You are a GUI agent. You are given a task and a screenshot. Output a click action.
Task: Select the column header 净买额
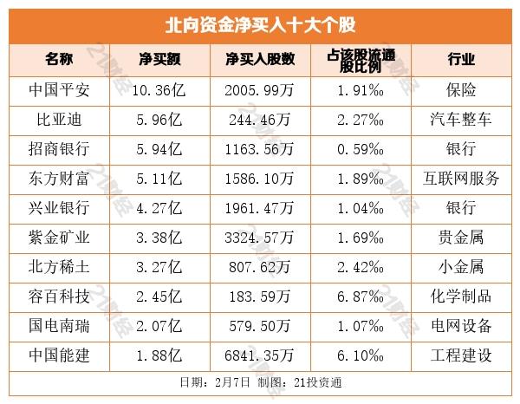coord(159,59)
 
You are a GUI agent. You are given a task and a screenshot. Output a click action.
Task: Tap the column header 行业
coord(460,59)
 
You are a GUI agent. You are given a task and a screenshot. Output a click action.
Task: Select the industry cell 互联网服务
coord(460,179)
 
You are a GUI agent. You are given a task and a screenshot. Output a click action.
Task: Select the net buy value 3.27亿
coord(159,267)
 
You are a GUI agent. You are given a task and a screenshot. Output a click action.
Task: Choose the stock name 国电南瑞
coord(59,326)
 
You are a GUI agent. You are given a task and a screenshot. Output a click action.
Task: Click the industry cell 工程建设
coord(460,355)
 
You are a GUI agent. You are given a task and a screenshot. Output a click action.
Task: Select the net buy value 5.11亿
coord(159,179)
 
